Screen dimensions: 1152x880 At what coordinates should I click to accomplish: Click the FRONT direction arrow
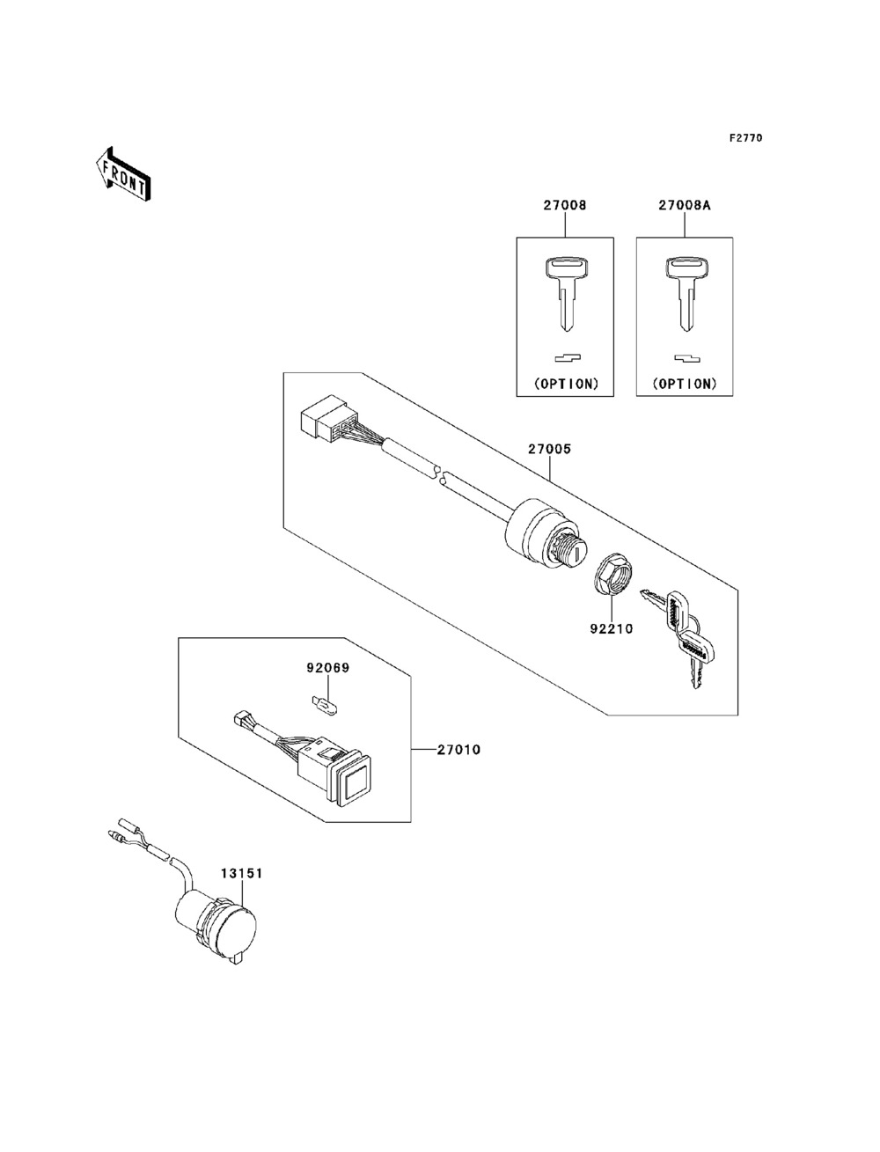point(122,172)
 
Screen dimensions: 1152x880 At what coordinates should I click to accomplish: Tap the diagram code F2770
point(745,138)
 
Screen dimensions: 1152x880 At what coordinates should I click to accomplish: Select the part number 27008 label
point(564,205)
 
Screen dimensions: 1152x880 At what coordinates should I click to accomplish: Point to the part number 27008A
point(684,205)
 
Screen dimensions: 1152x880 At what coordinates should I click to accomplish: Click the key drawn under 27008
point(564,291)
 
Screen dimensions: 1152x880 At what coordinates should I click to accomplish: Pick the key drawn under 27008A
point(684,291)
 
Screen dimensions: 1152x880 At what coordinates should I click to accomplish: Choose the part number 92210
point(612,629)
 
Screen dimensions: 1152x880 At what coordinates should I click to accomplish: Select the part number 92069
point(328,668)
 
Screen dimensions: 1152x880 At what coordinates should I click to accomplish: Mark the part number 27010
point(458,751)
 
